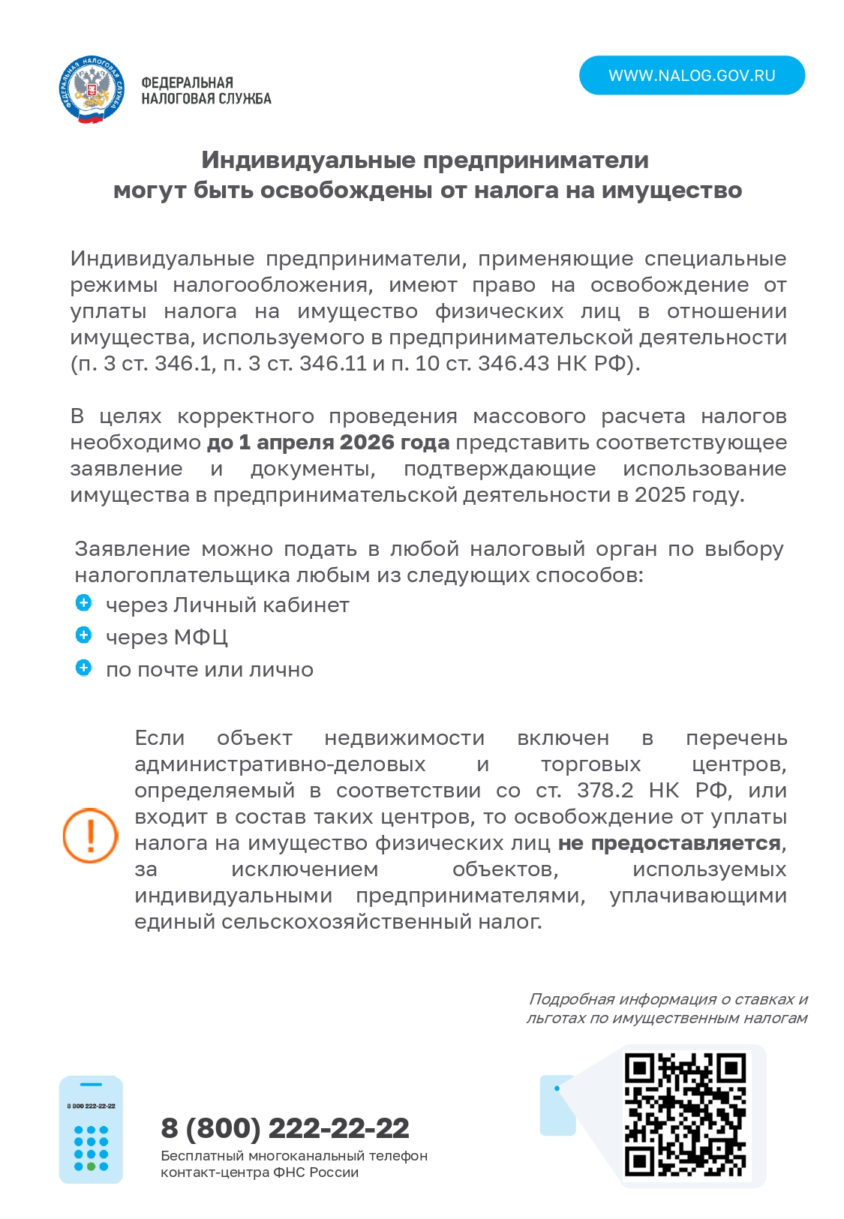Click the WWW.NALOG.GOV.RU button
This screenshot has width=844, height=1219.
coord(691,76)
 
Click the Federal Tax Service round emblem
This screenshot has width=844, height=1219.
coord(91,90)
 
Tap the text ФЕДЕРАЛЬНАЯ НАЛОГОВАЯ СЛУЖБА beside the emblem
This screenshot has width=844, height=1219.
coord(206,91)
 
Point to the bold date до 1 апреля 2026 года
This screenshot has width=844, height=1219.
coord(328,443)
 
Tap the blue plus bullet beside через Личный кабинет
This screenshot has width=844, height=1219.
coord(84,603)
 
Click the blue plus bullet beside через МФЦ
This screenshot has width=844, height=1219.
coord(84,635)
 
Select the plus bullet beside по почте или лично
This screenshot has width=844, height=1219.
coord(84,668)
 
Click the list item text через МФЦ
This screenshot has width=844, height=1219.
coord(167,638)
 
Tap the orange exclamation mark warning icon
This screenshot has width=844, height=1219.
coord(90,835)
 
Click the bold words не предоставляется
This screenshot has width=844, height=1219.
coord(669,843)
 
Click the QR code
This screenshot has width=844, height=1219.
coord(685,1115)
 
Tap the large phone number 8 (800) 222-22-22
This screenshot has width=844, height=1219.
coord(285,1128)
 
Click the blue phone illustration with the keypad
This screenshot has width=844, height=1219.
coord(91,1129)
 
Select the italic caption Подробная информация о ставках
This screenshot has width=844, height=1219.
coord(668,999)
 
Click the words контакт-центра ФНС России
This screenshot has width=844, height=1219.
coord(260,1172)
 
